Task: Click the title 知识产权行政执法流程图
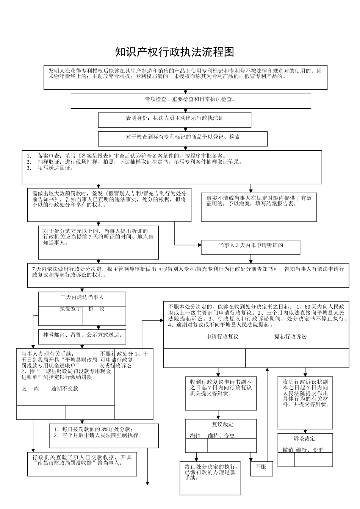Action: [175, 52]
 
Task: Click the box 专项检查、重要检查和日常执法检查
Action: [191, 101]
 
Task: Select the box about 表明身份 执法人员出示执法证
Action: [174, 119]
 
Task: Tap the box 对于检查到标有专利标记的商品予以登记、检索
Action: [183, 138]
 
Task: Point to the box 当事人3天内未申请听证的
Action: [250, 247]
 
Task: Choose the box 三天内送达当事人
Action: [82, 298]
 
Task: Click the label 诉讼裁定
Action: [304, 439]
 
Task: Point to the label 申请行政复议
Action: [222, 336]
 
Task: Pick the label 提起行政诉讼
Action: [290, 336]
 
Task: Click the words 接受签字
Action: [70, 309]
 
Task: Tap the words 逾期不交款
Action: [65, 389]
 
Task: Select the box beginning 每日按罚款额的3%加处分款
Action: [104, 435]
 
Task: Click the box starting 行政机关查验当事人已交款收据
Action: [82, 463]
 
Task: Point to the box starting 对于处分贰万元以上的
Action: [99, 242]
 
